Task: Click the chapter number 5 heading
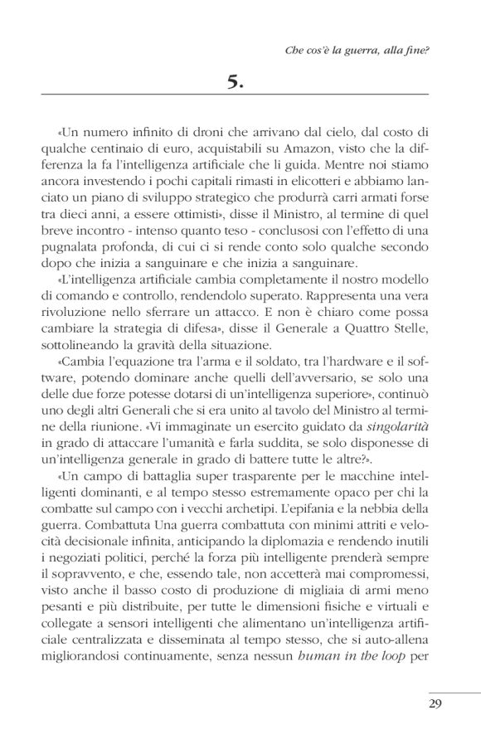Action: (x=240, y=80)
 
